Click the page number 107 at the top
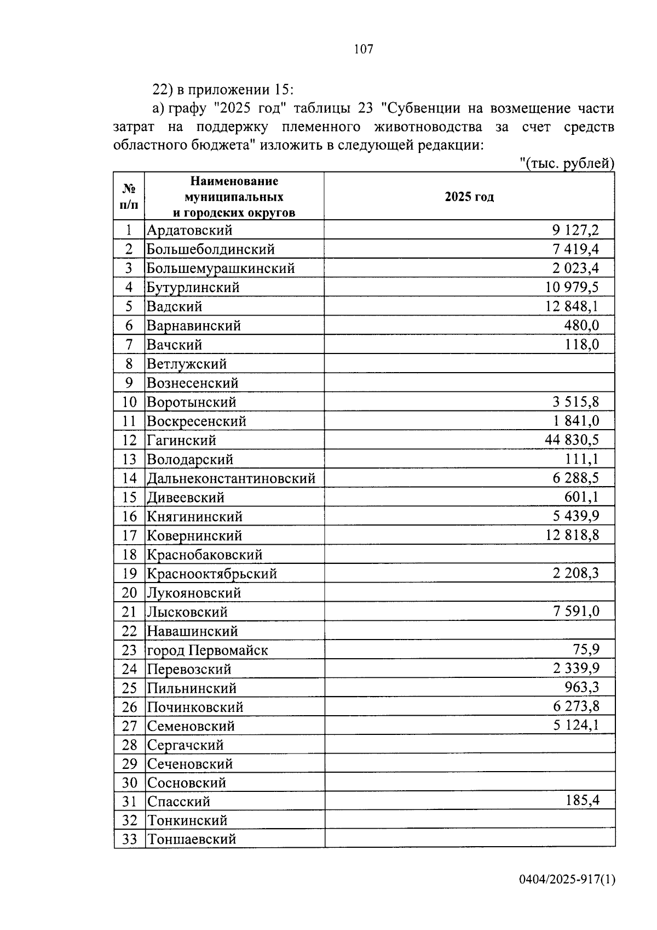point(364,49)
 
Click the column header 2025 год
point(469,197)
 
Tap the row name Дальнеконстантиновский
point(231,478)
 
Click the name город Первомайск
point(208,651)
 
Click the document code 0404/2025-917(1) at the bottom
point(567,880)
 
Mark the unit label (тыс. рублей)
point(567,164)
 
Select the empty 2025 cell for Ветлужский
point(469,364)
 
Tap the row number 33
point(129,839)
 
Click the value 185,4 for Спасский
point(582,801)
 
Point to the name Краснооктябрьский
point(212,574)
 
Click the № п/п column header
point(129,197)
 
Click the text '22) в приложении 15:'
point(223,89)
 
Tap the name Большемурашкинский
point(221,269)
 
